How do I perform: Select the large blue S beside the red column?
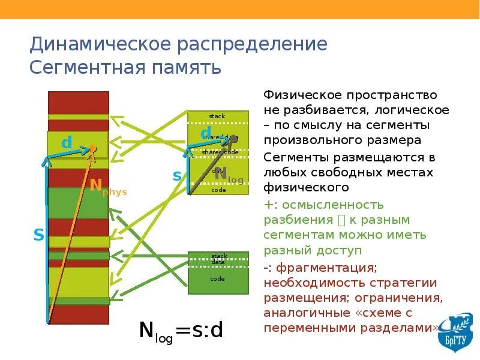tap(38, 235)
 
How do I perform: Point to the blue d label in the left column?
tap(67, 143)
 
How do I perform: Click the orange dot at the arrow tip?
tap(93, 148)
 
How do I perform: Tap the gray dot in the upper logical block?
tap(234, 138)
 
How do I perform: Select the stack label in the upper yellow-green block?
tap(217, 116)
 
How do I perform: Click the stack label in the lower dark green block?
tap(219, 256)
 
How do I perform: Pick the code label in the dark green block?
tap(217, 278)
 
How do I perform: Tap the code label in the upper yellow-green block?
tap(218, 190)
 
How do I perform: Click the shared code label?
tap(220, 152)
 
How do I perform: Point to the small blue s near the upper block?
tap(177, 176)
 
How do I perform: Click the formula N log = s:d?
tap(181, 331)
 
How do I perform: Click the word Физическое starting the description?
tap(298, 95)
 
